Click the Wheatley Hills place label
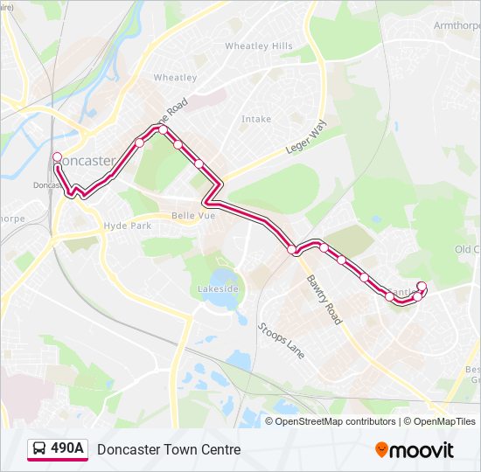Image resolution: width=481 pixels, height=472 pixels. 258,45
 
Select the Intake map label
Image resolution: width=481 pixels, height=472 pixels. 256,119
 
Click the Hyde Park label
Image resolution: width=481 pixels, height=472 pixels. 128,226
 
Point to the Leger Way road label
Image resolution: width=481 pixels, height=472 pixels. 304,138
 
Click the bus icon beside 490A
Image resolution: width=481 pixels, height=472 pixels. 39,449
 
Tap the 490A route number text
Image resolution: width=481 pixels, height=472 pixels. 67,449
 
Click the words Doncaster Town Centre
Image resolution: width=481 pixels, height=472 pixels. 169,450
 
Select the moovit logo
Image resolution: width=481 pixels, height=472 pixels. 415,450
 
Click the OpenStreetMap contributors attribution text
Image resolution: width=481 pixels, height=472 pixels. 335,421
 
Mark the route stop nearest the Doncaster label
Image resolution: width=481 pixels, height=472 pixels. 57,157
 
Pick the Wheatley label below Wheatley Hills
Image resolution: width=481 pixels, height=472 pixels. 175,78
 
